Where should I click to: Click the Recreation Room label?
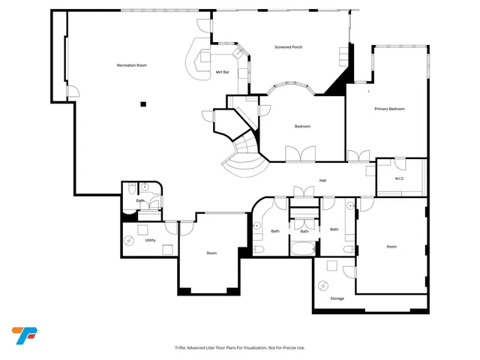click(131, 66)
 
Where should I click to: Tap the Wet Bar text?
click(222, 72)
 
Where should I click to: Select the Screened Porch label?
click(287, 48)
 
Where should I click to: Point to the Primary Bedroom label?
click(389, 109)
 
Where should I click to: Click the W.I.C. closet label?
click(400, 178)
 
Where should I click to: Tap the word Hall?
click(322, 180)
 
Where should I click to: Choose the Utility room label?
click(150, 240)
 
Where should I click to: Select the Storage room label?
click(337, 298)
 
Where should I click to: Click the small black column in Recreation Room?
click(143, 103)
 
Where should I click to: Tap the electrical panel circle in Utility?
click(129, 240)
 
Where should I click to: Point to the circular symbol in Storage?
click(323, 285)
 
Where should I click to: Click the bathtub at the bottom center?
click(304, 247)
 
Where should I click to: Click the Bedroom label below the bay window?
click(302, 126)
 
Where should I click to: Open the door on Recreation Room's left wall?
click(70, 91)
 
